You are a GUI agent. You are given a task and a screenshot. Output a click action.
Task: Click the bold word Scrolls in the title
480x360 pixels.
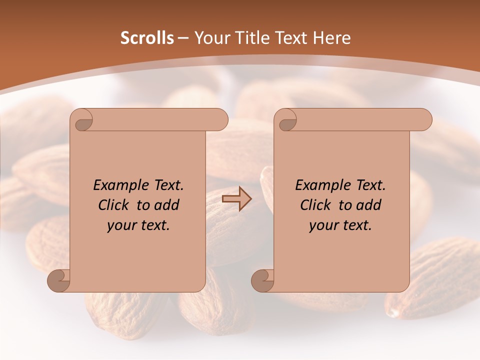pos(147,38)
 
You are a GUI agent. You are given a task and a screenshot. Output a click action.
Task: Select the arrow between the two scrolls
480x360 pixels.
pos(236,198)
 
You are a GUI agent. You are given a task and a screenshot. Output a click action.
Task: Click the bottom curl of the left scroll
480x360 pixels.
pos(58,280)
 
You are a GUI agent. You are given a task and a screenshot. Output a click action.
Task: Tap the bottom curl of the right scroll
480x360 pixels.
pos(262,280)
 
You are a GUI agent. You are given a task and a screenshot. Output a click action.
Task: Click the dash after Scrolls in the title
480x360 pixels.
pos(183,38)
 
